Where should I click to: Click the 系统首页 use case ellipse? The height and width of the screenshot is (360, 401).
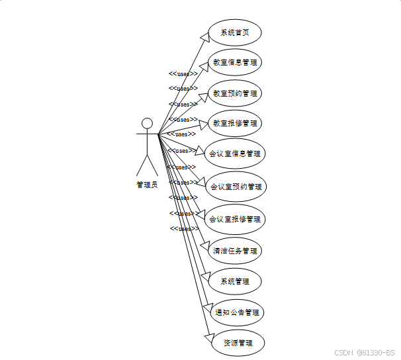point(234,32)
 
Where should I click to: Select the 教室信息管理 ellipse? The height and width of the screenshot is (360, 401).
point(235,62)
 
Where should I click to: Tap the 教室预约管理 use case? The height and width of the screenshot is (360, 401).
point(235,93)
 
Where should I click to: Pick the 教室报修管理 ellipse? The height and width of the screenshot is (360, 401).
point(235,123)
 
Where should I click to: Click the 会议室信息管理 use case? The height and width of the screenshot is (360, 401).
point(235,154)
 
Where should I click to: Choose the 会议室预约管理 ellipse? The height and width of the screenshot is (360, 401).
point(236,187)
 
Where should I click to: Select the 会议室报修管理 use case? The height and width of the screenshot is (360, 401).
point(235,219)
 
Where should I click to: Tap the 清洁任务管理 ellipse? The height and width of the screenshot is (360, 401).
point(235,251)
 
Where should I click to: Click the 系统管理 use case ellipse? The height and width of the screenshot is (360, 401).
point(235,281)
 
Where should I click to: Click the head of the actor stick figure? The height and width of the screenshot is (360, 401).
point(147,123)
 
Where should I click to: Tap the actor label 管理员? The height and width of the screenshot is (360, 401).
point(147,185)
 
